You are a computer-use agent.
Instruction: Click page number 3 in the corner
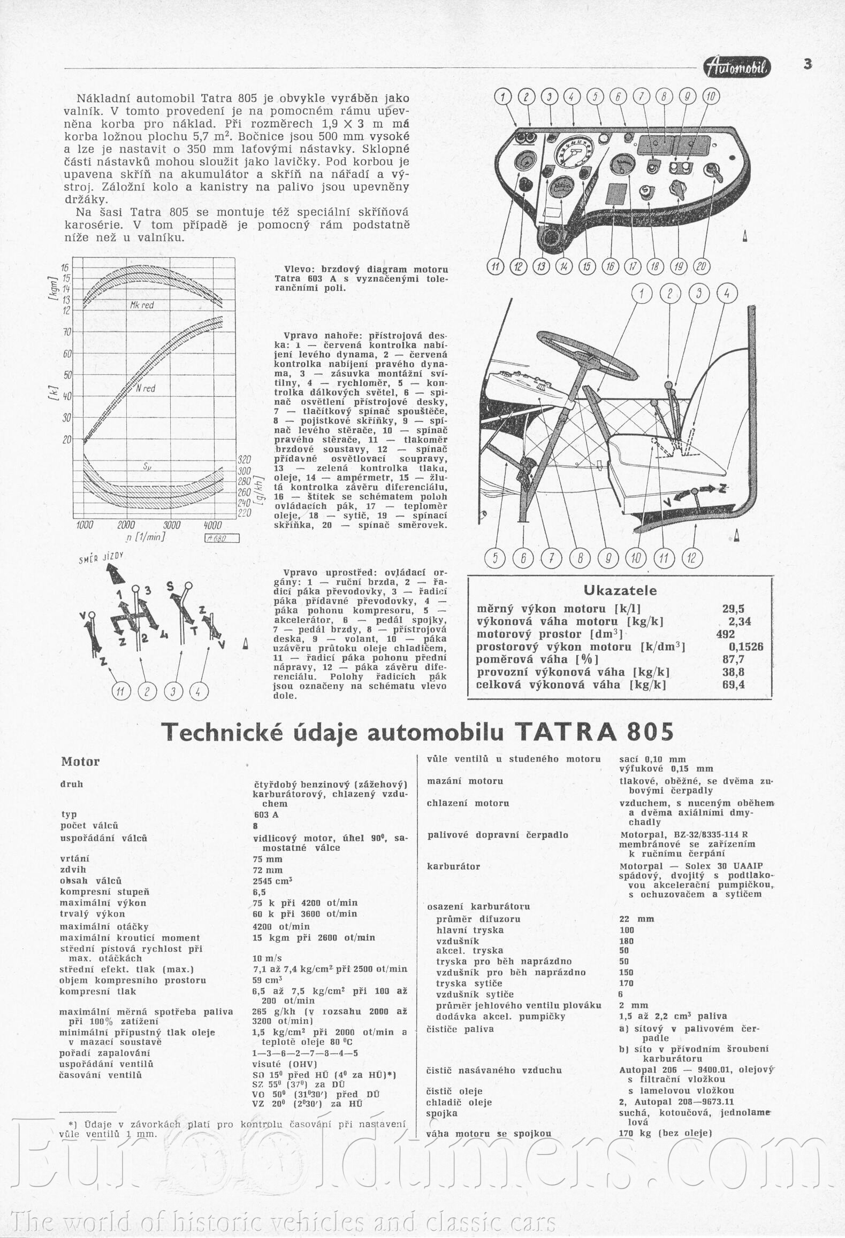click(808, 64)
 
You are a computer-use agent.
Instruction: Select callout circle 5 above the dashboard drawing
click(595, 97)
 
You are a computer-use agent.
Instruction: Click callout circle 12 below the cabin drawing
click(692, 558)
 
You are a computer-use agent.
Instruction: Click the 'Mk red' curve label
click(141, 305)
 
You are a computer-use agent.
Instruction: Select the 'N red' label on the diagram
click(145, 388)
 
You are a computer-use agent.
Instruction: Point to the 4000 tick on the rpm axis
click(213, 525)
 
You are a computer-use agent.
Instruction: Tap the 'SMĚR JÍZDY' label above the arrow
click(101, 559)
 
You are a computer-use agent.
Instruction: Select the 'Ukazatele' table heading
click(620, 590)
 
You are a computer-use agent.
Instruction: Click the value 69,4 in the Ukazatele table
click(733, 685)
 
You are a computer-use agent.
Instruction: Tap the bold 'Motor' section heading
click(80, 761)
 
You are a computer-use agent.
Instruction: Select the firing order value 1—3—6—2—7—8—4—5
click(305, 1054)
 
